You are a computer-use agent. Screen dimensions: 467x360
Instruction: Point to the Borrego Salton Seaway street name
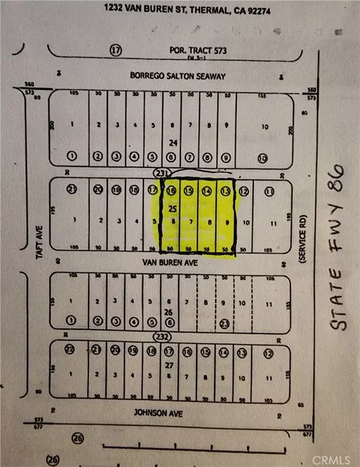coord(177,75)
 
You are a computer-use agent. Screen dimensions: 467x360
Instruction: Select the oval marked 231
coord(162,172)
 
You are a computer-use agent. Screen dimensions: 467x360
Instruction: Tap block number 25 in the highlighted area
coord(173,209)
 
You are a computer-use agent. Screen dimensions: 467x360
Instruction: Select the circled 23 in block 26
coord(225,323)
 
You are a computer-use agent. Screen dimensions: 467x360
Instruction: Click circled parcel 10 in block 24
coord(263,158)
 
